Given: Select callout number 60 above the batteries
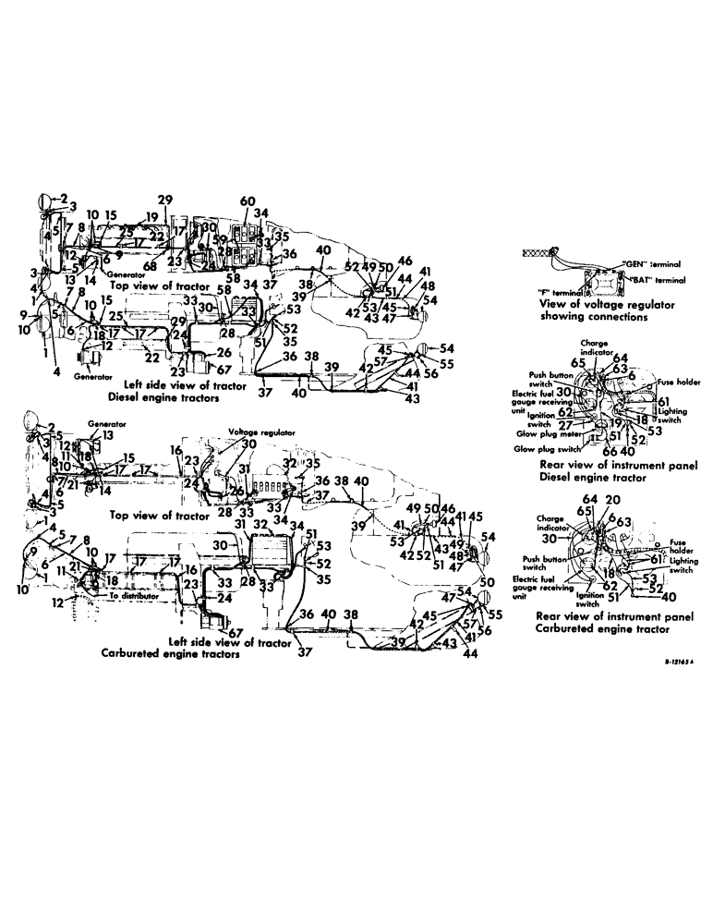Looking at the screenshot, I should coord(247,202).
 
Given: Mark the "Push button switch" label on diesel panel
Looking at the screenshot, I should coord(540,380).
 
